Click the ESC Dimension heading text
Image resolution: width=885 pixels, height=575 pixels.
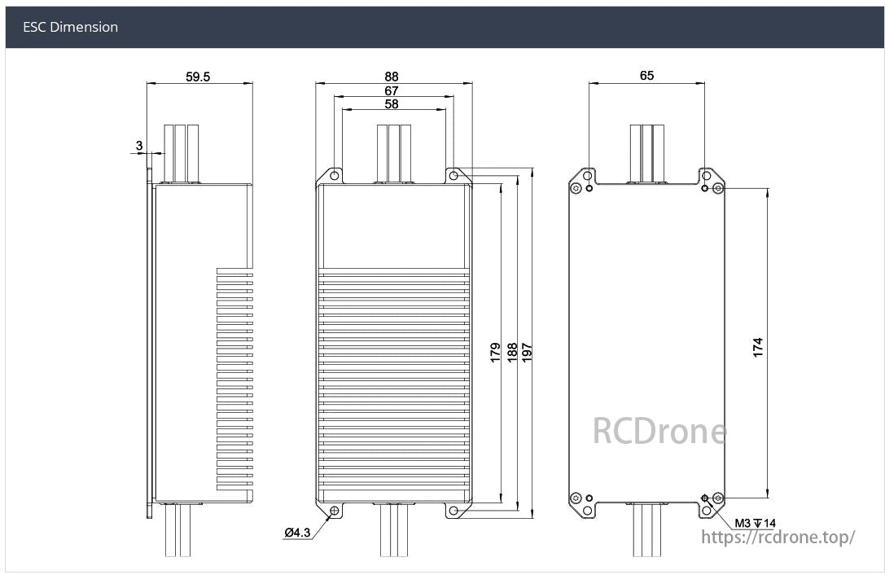point(70,27)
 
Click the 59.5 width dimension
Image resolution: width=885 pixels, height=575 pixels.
point(198,77)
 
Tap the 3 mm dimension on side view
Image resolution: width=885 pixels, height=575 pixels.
point(139,146)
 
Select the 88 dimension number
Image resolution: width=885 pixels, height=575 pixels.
point(392,77)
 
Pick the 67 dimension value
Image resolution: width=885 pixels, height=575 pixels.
point(392,90)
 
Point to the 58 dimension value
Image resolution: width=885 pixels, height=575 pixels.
point(392,104)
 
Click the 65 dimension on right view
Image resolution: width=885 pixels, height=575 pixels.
point(646,76)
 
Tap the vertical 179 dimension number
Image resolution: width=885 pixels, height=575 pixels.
point(496,353)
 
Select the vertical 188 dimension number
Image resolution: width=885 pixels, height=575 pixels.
point(513,353)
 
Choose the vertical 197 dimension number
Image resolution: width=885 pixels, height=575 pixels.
point(528,353)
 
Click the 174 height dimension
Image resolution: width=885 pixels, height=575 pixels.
point(758,348)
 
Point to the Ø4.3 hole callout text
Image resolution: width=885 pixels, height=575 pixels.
point(297,533)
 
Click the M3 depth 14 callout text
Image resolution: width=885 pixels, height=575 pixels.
point(756,523)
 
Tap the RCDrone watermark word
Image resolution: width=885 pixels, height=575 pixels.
point(659,431)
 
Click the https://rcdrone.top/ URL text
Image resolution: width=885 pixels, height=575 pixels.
point(778,537)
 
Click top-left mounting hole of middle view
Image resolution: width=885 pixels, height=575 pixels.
point(334,175)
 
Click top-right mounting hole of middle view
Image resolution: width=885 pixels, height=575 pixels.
point(453,175)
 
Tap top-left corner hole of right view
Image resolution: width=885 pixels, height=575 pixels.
point(588,175)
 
